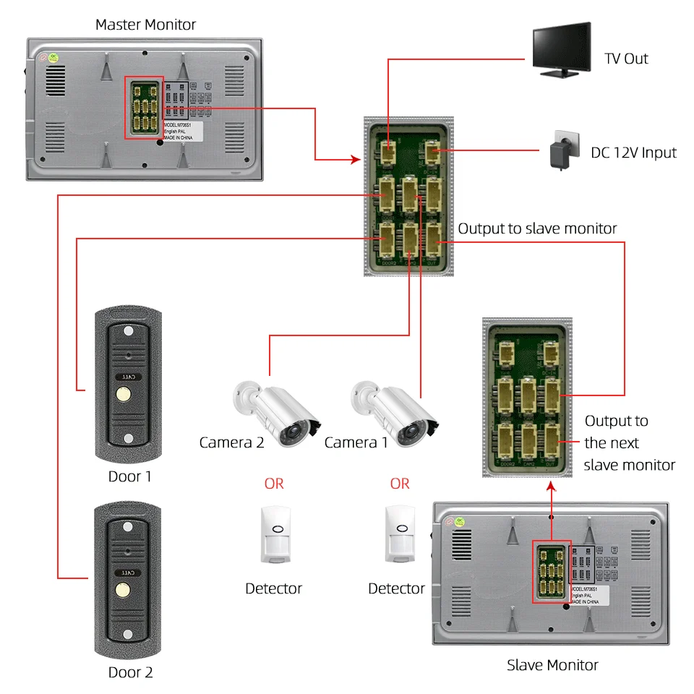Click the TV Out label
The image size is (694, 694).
pos(626,59)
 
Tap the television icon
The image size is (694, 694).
pos(561,49)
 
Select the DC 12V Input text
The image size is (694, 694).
pos(633,153)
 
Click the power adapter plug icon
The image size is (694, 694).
pos(561,150)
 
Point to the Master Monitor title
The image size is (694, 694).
pos(145,25)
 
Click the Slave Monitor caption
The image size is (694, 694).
pos(552,665)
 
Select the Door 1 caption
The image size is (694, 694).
pos(130,476)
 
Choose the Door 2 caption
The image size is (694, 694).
pos(130,672)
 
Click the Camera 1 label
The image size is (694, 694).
pos(356,442)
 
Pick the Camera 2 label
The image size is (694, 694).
pos(231,442)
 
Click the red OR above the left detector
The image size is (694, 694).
pos(274,483)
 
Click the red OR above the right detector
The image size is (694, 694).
pos(399,483)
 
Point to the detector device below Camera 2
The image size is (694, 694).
pos(274,534)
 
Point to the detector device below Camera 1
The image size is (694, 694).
pos(399,534)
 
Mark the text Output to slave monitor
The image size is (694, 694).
pos(537,228)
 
